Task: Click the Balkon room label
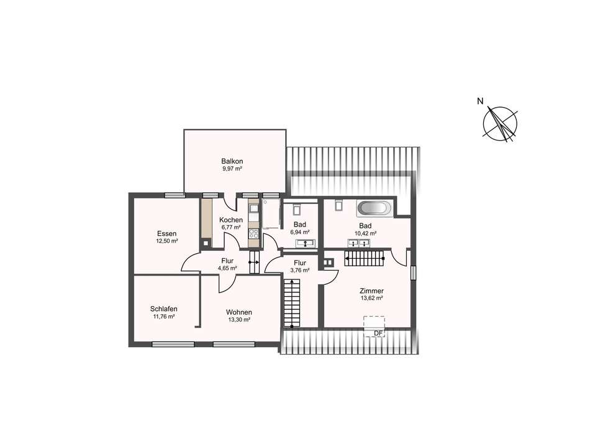(232, 161)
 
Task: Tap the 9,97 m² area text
(232, 169)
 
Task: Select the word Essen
(166, 234)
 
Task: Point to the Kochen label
(231, 220)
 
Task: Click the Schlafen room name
(164, 309)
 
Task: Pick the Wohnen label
(239, 312)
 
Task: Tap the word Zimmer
(372, 291)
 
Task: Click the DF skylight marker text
(378, 333)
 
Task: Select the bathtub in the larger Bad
(374, 208)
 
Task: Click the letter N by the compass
(480, 101)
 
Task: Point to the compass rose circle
(500, 124)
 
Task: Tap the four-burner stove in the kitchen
(253, 233)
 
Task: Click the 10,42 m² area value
(366, 233)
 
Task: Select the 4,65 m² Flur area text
(227, 268)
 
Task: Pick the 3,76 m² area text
(300, 270)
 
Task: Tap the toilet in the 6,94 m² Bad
(296, 208)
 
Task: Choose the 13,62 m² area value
(372, 298)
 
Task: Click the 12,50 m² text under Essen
(166, 241)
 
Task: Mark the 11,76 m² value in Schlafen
(164, 317)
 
